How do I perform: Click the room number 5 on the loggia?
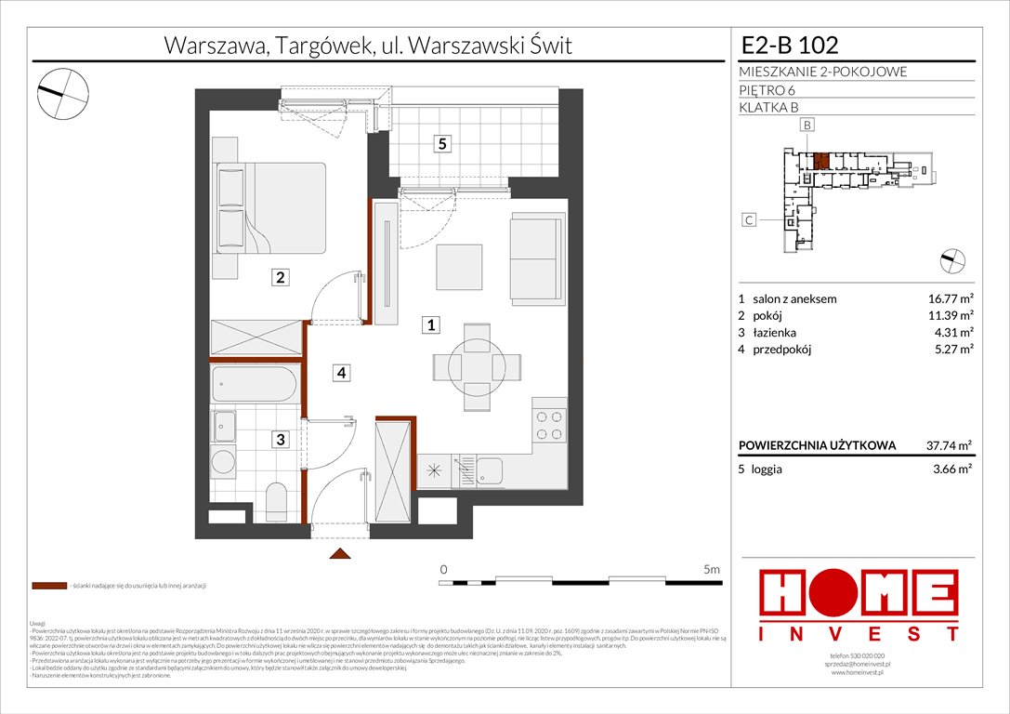pos(443,143)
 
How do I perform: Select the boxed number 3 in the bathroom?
pos(280,439)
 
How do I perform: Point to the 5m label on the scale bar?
pos(712,569)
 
